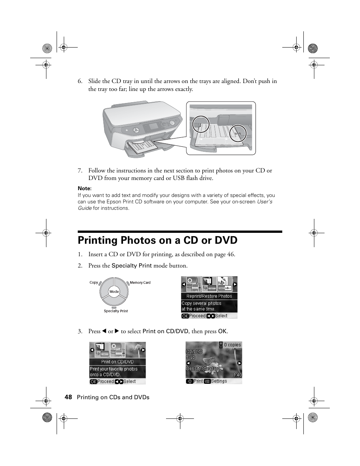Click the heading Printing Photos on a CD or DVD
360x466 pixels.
pos(158,240)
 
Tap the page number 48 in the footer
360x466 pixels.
pos(68,397)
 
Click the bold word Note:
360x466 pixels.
pos(85,188)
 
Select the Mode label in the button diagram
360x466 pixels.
pos(114,292)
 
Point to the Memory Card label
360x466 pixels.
pos(140,283)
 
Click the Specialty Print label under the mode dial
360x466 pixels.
pos(116,311)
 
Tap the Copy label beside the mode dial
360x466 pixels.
pos(94,282)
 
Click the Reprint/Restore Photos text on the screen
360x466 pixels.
pos(209,296)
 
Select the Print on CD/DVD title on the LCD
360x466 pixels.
pos(117,362)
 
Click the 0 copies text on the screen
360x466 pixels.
pos(232,345)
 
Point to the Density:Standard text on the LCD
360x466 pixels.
pos(203,369)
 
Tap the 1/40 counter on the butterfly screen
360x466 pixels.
pos(237,375)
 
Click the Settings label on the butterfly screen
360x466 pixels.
pos(219,381)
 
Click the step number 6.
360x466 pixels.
pos(80,81)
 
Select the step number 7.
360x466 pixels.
pos(80,171)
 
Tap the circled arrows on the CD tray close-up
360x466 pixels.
pos(238,133)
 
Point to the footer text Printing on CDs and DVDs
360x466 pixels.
pos(113,397)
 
